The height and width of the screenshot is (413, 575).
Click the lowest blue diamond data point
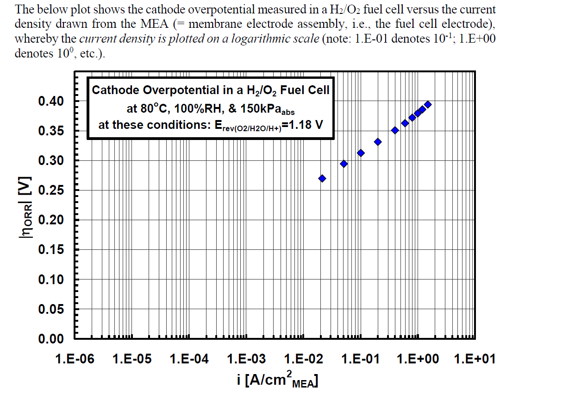pyautogui.click(x=322, y=178)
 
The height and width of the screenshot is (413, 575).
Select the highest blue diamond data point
pyautogui.click(x=428, y=104)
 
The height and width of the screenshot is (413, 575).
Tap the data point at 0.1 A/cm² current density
pyautogui.click(x=361, y=153)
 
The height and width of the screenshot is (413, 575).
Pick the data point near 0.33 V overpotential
pyautogui.click(x=378, y=142)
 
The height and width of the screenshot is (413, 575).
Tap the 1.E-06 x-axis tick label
pyautogui.click(x=75, y=359)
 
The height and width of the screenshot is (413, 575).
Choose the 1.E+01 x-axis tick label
pyautogui.click(x=475, y=359)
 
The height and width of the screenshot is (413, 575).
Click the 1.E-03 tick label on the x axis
pyautogui.click(x=246, y=359)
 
